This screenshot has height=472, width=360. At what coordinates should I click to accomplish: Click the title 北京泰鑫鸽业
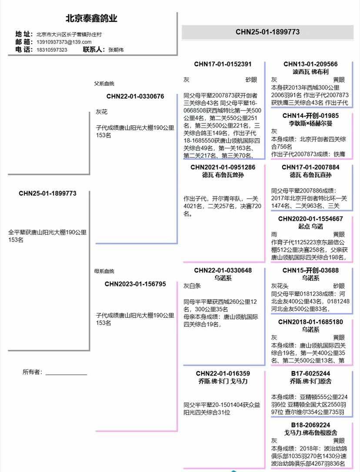point(91,19)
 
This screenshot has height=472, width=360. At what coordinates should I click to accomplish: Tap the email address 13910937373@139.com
point(64,42)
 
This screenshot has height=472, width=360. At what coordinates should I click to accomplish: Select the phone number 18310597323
point(51,50)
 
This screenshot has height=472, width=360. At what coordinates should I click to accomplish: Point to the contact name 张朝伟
point(116,50)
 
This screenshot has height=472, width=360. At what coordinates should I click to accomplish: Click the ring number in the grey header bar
point(267,32)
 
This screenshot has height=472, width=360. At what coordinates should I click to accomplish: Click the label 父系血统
point(104,83)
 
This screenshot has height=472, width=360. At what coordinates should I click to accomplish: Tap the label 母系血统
point(104,271)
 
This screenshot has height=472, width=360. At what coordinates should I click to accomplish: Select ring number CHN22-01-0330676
point(135,96)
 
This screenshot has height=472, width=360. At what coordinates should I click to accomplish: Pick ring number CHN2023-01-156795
point(135,284)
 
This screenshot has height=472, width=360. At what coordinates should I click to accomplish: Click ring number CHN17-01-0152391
point(223,64)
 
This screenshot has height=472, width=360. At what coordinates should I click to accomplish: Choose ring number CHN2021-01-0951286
point(223,167)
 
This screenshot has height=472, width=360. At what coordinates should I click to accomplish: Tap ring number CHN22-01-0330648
point(223,270)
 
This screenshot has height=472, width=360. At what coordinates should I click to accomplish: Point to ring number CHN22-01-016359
point(223,373)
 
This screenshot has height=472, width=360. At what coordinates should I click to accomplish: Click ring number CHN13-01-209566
point(310,64)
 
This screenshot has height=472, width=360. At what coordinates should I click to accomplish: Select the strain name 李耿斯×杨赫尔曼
point(310,123)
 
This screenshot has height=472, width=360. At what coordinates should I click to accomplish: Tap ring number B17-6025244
point(310,373)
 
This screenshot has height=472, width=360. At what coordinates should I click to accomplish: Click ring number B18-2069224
point(310,425)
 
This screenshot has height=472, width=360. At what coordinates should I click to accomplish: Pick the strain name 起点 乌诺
point(310,226)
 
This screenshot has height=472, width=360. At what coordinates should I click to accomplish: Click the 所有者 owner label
point(33,372)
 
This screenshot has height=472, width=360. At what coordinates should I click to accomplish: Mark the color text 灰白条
point(192,286)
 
